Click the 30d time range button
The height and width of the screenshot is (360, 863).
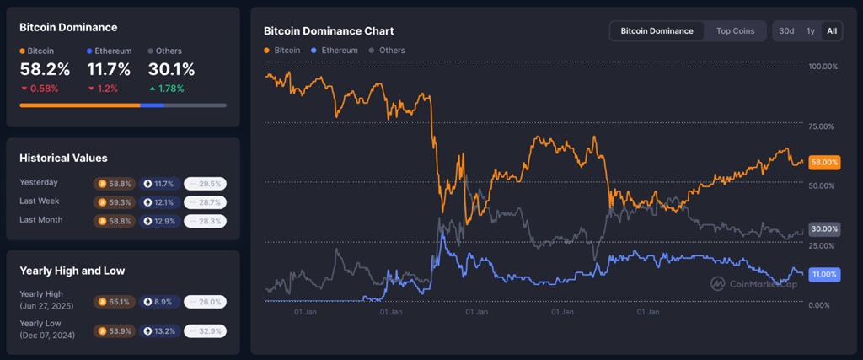pos(785,31)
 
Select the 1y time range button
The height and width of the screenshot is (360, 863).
pos(810,31)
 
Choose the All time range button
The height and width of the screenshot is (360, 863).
pos(832,31)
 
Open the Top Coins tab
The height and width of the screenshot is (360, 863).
pos(735,31)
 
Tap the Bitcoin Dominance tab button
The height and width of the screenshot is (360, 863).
pos(657,31)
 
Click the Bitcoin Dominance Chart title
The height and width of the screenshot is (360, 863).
pos(328,31)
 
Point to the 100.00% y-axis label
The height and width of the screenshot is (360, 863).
pos(822,67)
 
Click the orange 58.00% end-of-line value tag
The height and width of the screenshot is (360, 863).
pos(823,162)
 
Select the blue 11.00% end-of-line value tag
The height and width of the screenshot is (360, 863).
pos(823,275)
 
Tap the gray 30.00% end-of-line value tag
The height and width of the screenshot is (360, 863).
pos(823,229)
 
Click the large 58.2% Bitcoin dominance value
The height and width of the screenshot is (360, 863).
pos(45,70)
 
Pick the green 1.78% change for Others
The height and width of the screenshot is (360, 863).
pos(166,89)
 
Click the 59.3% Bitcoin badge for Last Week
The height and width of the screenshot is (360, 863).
pos(113,201)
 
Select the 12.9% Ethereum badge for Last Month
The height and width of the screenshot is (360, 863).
pos(158,220)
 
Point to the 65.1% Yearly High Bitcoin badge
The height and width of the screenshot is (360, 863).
pos(113,301)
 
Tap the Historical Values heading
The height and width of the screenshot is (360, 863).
pos(63,158)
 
